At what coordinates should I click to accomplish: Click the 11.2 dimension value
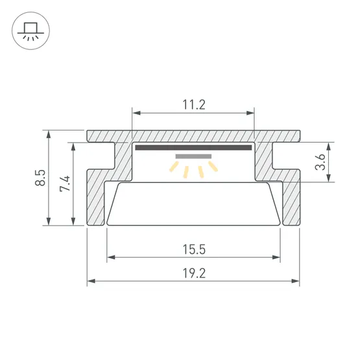[x=194, y=104]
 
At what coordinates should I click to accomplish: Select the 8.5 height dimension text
[x=40, y=178]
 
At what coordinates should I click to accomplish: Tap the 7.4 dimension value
[x=65, y=184]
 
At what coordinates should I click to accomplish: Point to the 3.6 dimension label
[x=320, y=162]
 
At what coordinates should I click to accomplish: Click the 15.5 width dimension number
[x=194, y=250]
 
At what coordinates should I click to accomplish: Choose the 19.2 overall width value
[x=194, y=273]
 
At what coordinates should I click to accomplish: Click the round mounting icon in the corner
[x=30, y=30]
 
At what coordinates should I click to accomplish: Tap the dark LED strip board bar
[x=193, y=147]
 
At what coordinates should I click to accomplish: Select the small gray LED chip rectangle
[x=193, y=156]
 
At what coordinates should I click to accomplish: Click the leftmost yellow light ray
[x=174, y=167]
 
